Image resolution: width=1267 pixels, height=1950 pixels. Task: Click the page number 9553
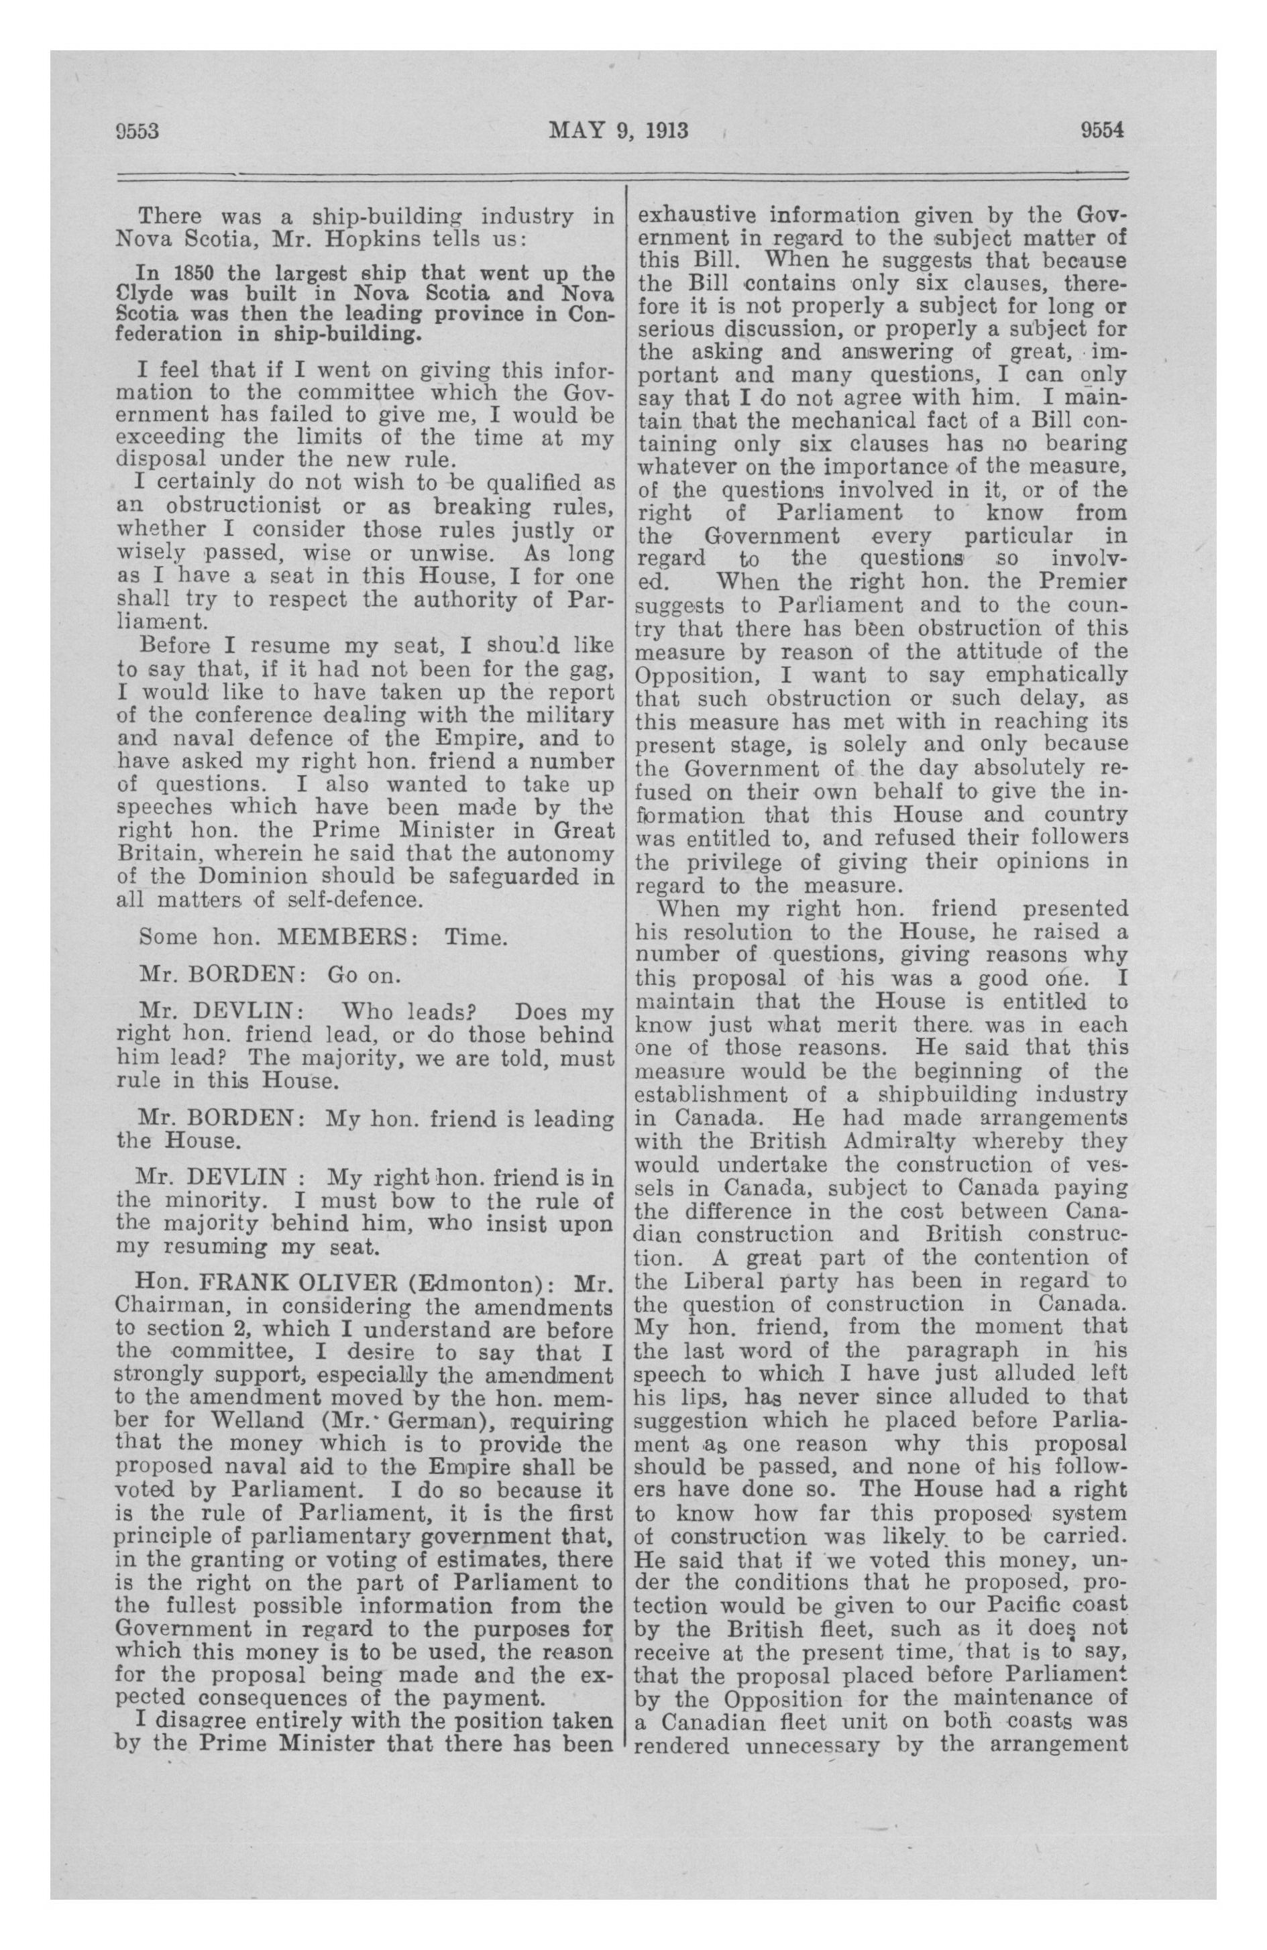point(135,132)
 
